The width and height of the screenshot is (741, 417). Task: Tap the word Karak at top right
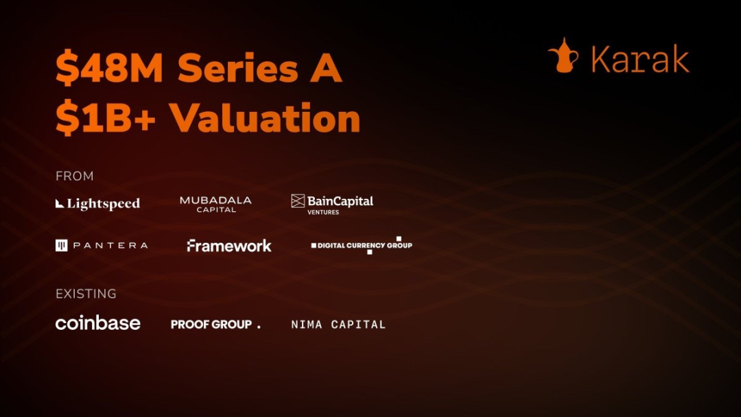tap(640, 59)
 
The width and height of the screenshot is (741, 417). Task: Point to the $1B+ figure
tap(106, 118)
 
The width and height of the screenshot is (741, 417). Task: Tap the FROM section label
tap(74, 176)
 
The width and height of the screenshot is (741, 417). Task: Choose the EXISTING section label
tap(86, 294)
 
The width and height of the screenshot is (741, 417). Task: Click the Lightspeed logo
tap(98, 204)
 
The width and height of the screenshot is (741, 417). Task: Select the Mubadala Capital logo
tap(215, 204)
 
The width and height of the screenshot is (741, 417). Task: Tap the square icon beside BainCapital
tap(298, 201)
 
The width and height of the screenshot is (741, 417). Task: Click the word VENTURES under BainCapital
tap(323, 213)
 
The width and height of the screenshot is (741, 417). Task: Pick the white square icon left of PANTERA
tap(62, 245)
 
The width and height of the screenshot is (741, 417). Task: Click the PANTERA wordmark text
tap(110, 246)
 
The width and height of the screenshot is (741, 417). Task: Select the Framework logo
tap(229, 246)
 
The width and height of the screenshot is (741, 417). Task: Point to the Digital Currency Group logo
tap(362, 245)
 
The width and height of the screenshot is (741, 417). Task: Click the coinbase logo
tap(98, 323)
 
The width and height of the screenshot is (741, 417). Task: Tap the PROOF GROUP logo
tap(215, 324)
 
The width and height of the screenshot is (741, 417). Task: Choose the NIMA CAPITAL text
tap(338, 324)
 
